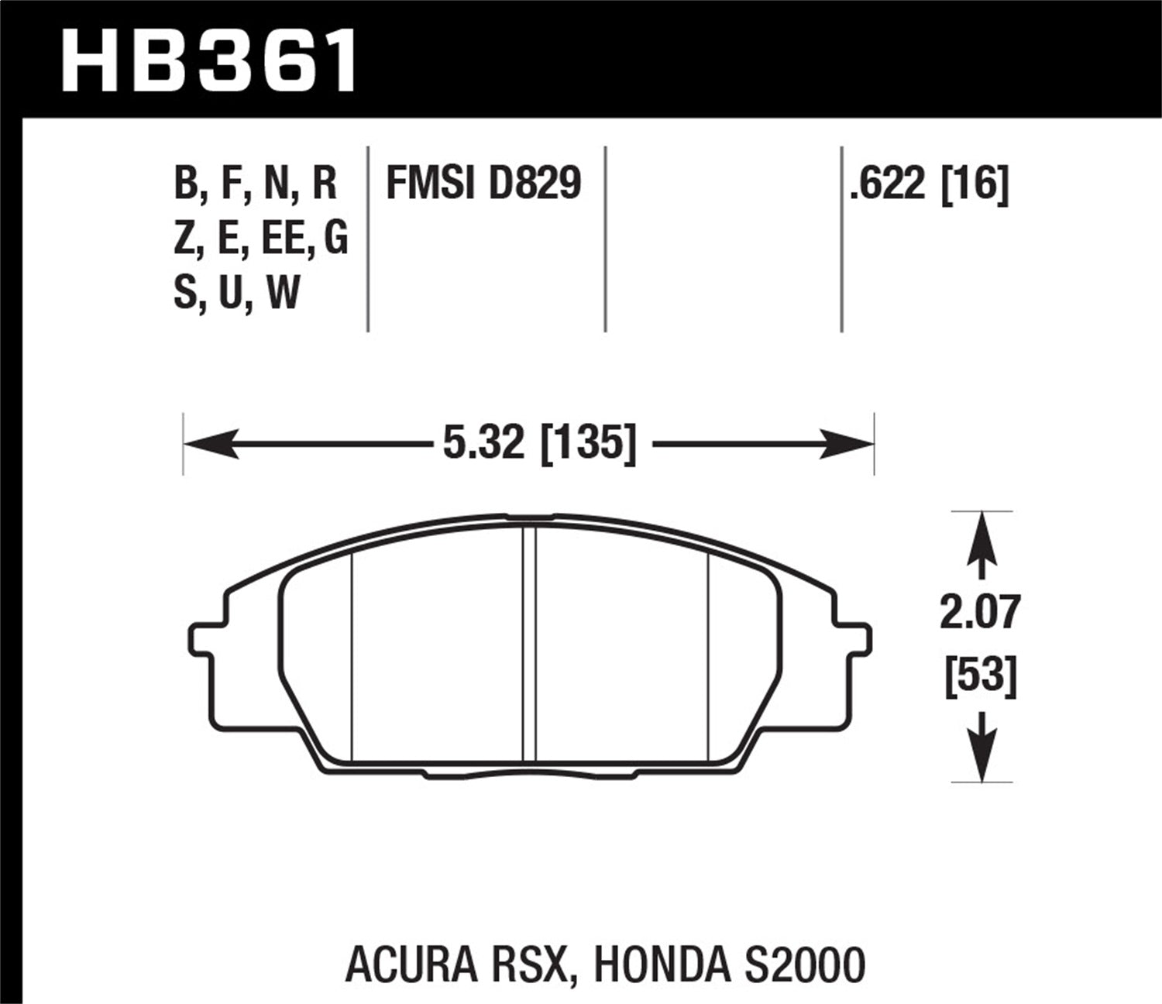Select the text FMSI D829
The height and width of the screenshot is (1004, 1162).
[x=483, y=185]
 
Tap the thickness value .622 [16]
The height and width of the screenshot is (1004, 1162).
[x=929, y=185]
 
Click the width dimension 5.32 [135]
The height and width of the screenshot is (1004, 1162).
[x=539, y=445]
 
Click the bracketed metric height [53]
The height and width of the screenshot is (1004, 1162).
[x=981, y=676]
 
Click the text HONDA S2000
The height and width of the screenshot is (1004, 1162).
[x=729, y=966]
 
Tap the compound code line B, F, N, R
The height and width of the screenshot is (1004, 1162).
[x=256, y=185]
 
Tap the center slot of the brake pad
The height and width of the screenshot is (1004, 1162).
[x=530, y=643]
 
